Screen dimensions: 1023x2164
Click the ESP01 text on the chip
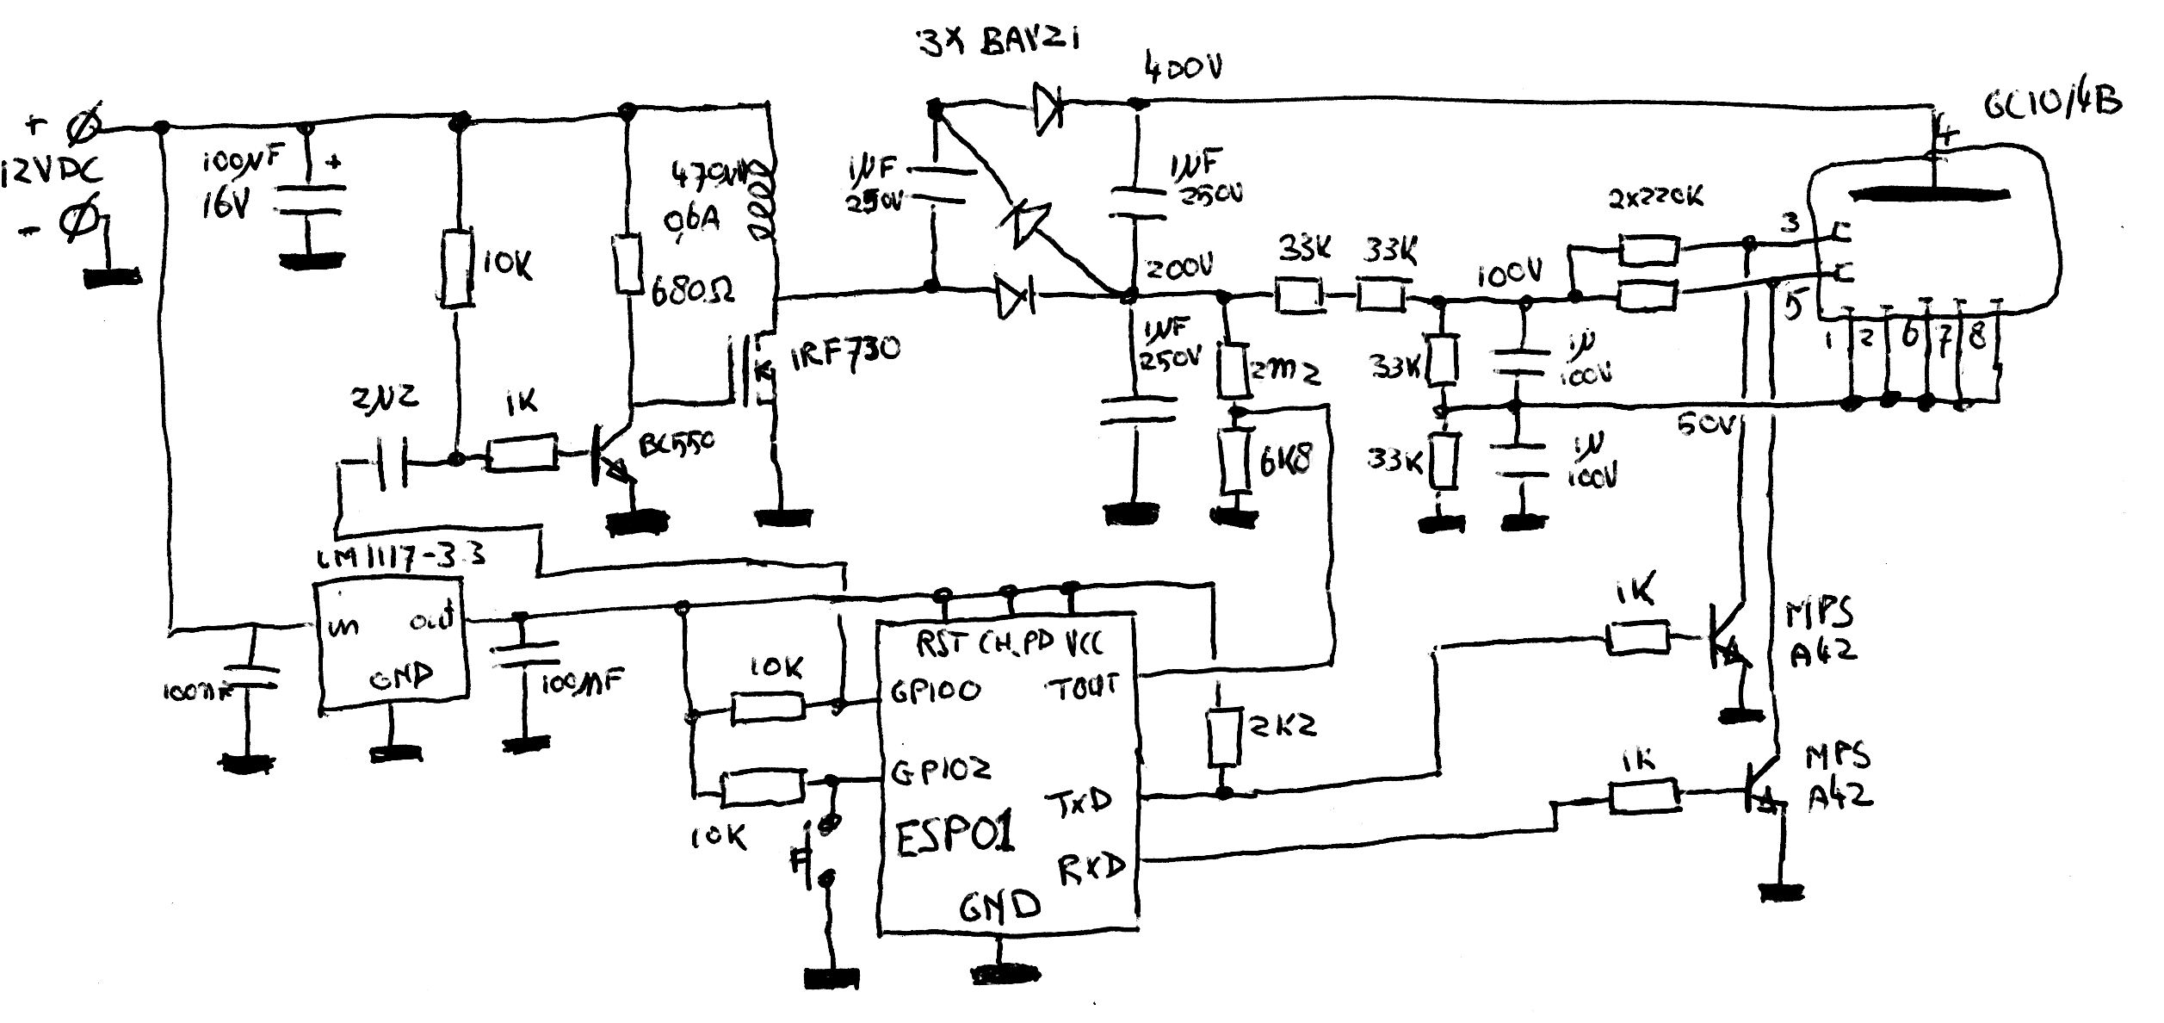955,835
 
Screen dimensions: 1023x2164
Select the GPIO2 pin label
940,769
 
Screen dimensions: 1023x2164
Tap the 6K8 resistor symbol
1236,462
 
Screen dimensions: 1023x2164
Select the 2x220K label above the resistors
1654,198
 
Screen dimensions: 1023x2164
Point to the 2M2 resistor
1236,369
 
